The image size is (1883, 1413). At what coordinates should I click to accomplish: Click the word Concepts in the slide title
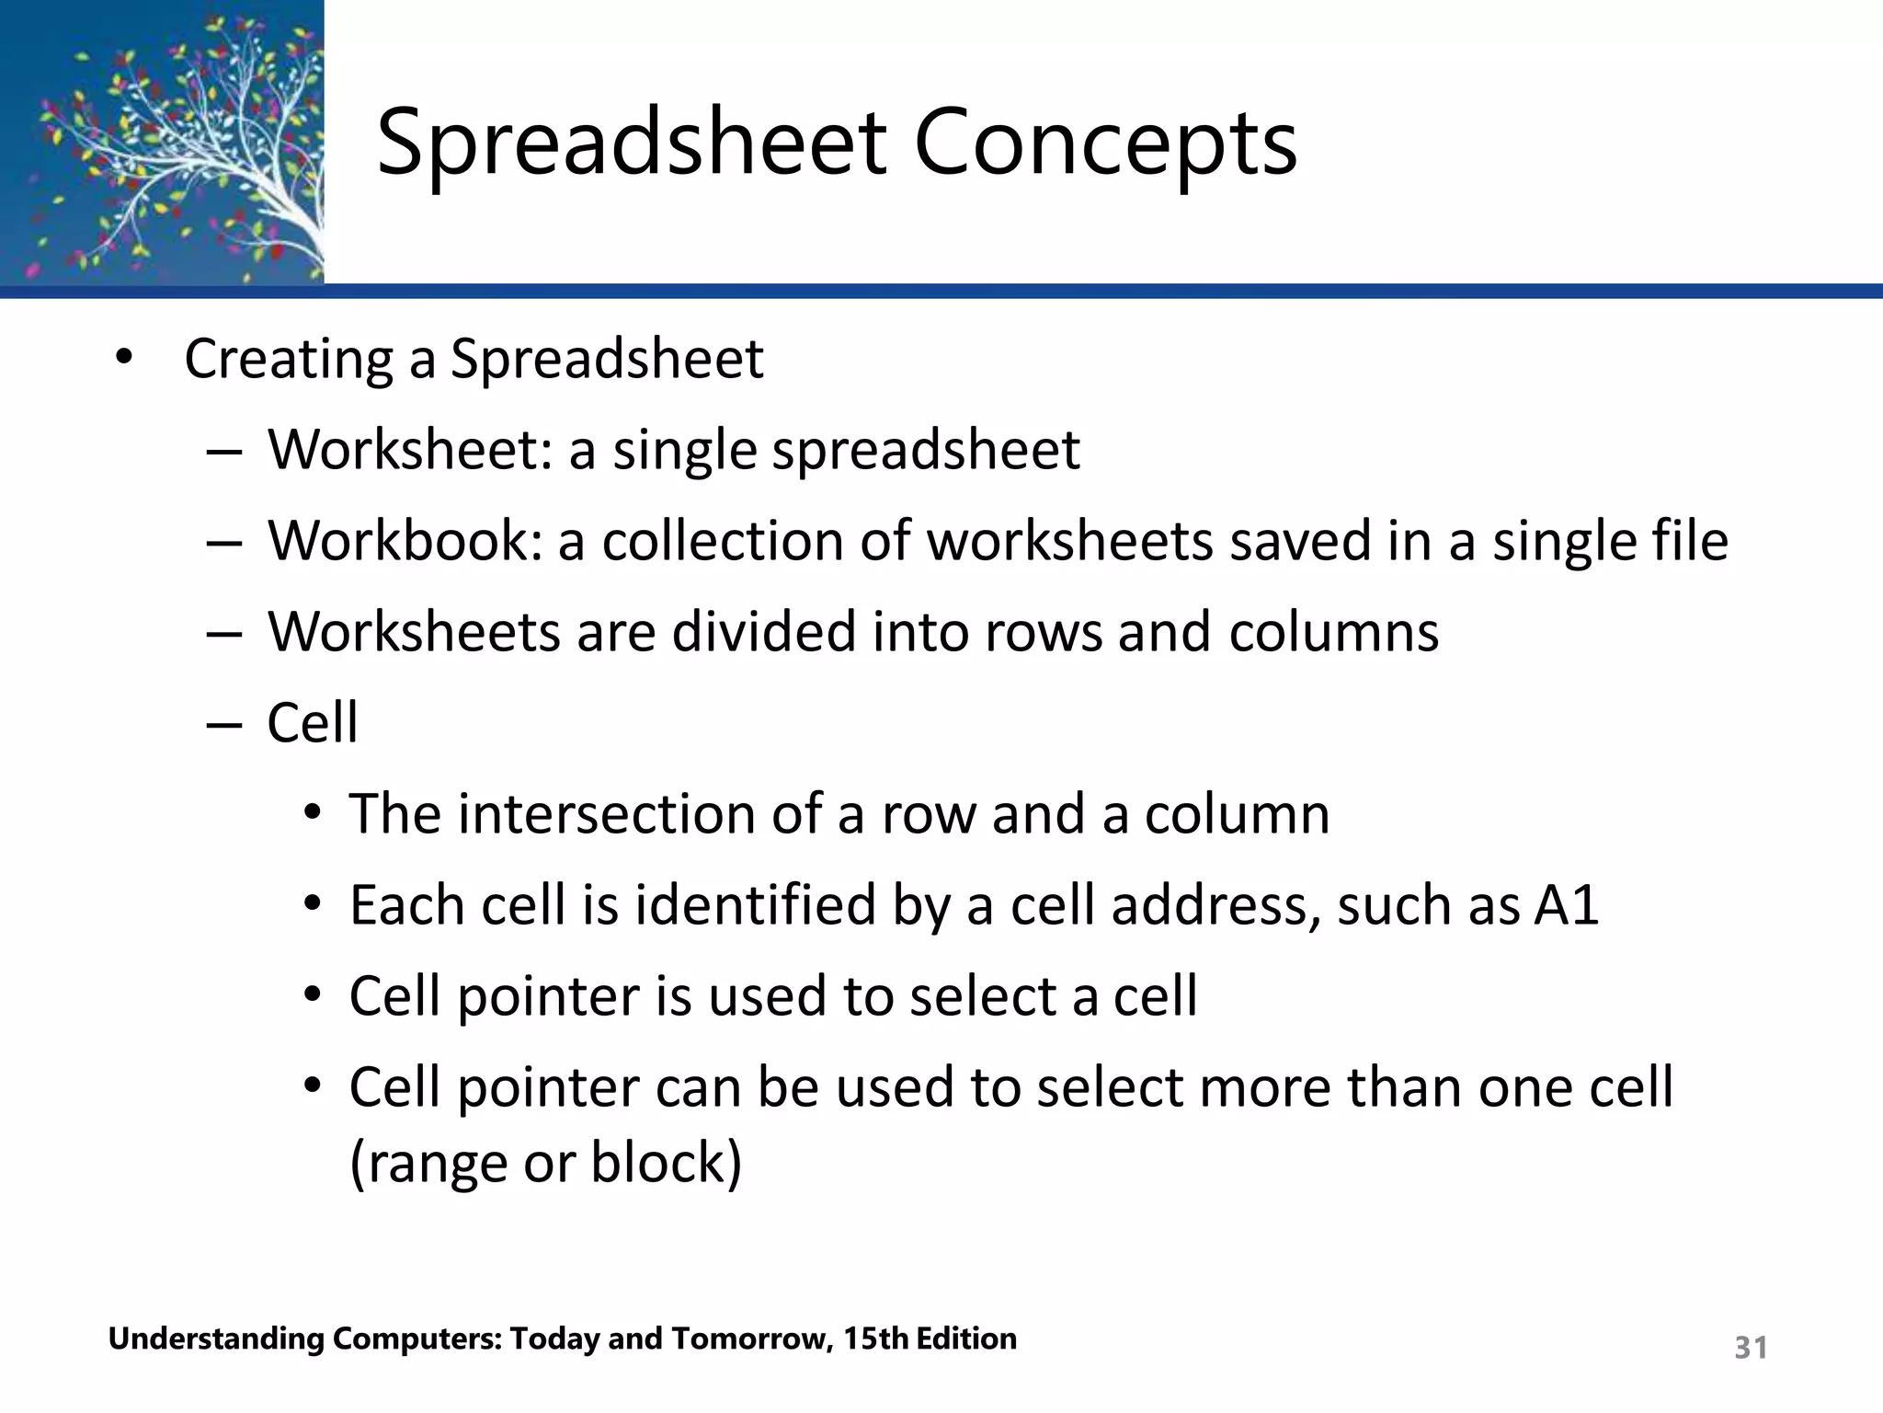[1105, 144]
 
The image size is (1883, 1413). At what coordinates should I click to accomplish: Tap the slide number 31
[1751, 1348]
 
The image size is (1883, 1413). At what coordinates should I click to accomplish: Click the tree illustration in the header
[162, 142]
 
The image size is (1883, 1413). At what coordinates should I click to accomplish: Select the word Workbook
[405, 541]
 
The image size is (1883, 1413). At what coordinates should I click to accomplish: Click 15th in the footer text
[875, 1338]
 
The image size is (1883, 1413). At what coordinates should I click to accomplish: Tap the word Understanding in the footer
[216, 1339]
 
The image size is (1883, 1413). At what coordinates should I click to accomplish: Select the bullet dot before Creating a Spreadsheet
[124, 359]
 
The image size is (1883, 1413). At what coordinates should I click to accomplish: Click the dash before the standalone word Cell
[224, 724]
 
